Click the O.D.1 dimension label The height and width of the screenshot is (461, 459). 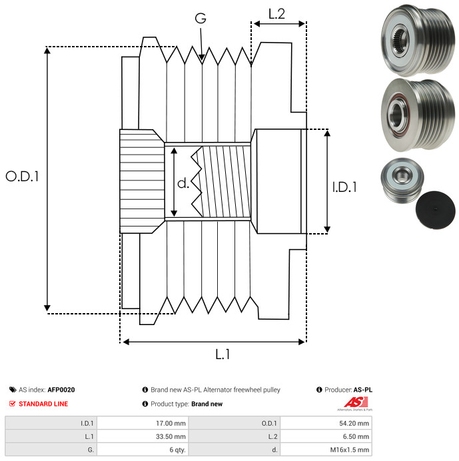tap(22, 177)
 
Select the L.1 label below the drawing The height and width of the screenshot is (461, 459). tap(222, 354)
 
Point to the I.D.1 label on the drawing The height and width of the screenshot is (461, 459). tap(344, 188)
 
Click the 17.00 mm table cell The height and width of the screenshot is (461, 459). tap(171, 422)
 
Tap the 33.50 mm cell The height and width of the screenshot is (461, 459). tap(171, 436)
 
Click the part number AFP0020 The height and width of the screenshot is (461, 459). tap(61, 390)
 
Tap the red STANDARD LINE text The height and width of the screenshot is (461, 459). tap(43, 404)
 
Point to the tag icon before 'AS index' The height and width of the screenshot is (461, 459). tap(13, 390)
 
